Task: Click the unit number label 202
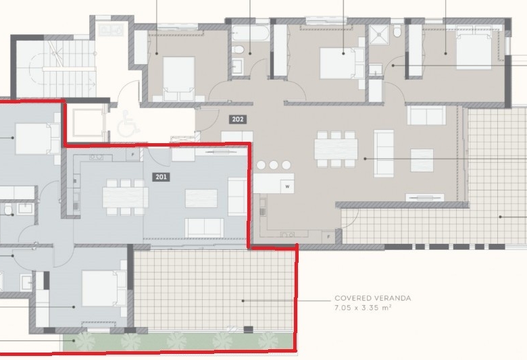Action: (x=238, y=119)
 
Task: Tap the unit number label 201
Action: (x=161, y=177)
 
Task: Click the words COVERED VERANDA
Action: (x=373, y=298)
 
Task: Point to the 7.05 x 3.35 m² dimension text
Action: (x=363, y=307)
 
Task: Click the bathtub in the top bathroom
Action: (x=250, y=34)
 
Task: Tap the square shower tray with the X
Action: (x=379, y=34)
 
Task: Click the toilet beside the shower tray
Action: (x=397, y=31)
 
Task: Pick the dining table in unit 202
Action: (x=336, y=149)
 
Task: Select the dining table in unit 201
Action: (x=126, y=197)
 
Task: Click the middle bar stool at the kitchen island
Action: (x=274, y=165)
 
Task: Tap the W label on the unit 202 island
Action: (x=288, y=186)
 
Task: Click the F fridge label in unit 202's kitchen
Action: (x=329, y=236)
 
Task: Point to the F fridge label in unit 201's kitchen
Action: (x=132, y=155)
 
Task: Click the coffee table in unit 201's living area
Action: (x=201, y=199)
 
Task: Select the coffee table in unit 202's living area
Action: (x=422, y=160)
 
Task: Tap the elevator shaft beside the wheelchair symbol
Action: (x=88, y=122)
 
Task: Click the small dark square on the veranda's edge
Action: (x=248, y=330)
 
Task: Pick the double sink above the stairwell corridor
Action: (x=111, y=30)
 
